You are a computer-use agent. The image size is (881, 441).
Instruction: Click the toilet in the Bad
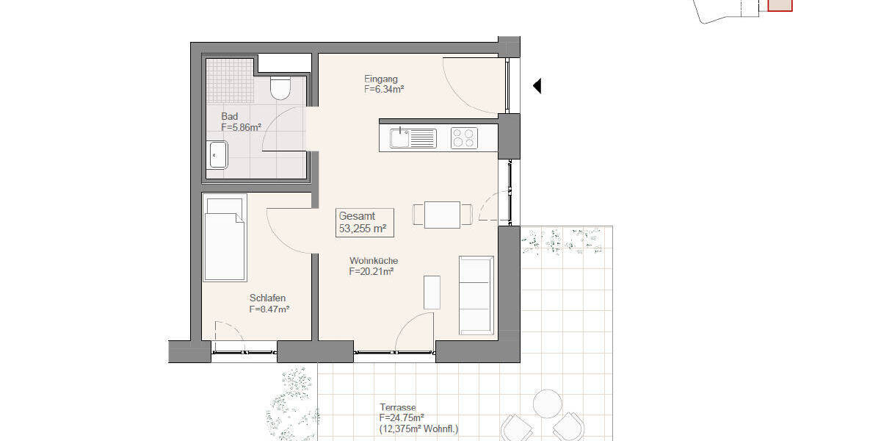tap(280, 87)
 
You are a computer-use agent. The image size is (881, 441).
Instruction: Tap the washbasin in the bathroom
tap(217, 155)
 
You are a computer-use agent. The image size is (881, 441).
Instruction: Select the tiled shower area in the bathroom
tap(229, 81)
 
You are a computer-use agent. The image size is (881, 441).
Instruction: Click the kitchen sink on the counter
tap(400, 138)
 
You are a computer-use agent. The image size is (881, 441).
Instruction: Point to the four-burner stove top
tap(464, 138)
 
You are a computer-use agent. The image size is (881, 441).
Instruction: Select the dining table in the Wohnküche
tap(442, 215)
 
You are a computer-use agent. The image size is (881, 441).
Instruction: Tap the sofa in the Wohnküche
tap(476, 294)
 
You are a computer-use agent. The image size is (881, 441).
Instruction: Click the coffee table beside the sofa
tap(432, 293)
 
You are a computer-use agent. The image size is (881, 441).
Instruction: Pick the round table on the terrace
tap(547, 404)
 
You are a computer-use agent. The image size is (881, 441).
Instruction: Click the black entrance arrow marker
tap(537, 86)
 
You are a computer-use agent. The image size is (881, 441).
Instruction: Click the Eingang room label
tap(381, 79)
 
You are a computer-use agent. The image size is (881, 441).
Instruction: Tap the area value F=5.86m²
tap(242, 127)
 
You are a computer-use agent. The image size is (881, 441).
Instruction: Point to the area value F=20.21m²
tap(371, 271)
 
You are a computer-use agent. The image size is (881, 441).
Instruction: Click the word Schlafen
tap(267, 298)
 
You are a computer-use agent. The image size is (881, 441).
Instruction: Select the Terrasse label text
tap(398, 407)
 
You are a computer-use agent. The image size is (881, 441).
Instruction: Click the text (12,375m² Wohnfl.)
tap(418, 429)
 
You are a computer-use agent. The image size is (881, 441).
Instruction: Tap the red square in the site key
tap(780, 5)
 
